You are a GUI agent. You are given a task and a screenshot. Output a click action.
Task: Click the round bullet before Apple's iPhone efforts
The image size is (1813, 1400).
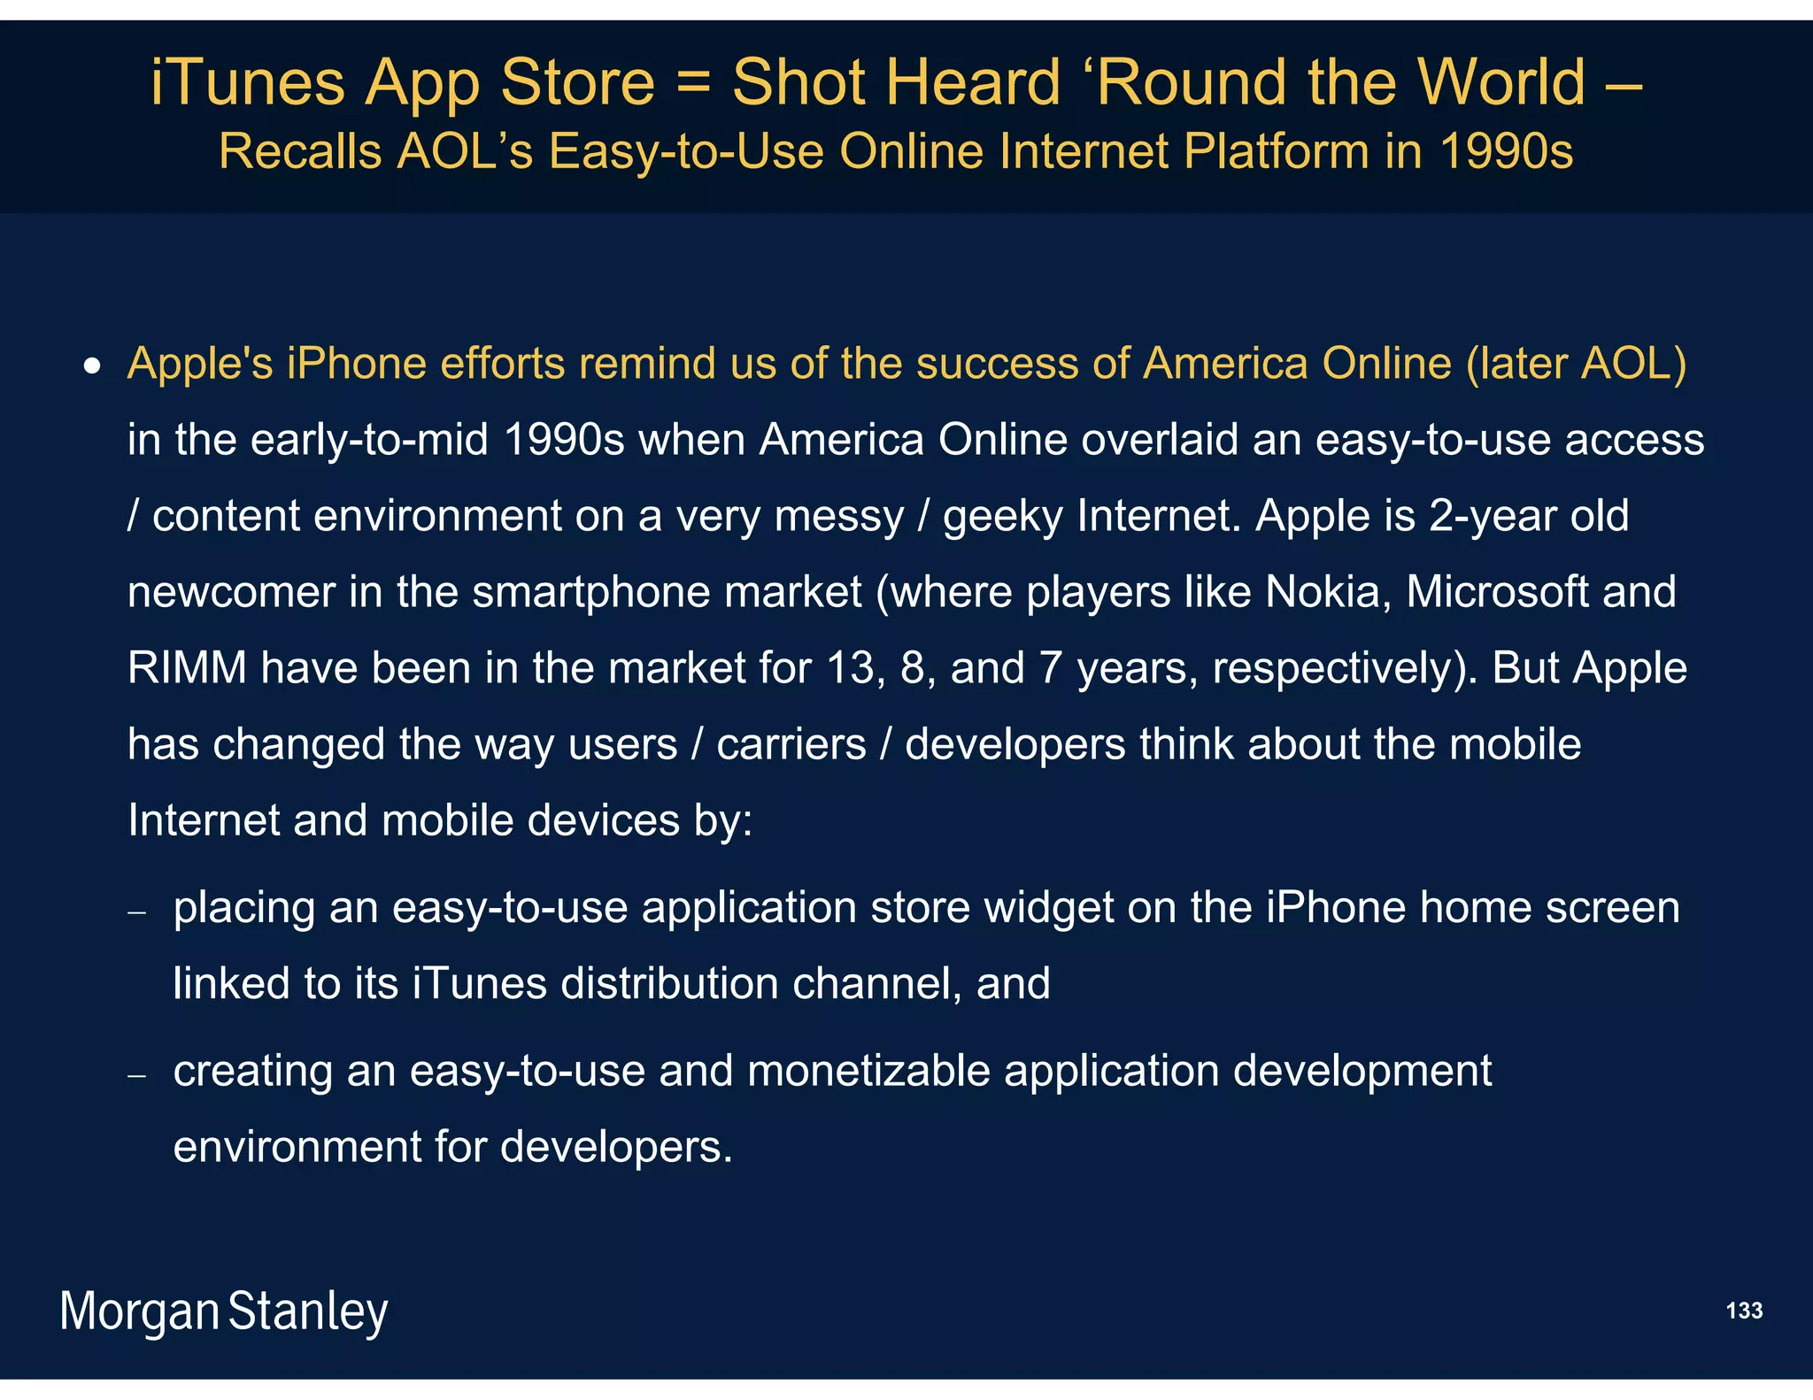92,366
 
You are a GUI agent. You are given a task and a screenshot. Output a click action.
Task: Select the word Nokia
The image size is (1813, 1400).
1322,592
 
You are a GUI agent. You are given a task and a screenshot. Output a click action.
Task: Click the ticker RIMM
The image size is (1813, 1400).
187,668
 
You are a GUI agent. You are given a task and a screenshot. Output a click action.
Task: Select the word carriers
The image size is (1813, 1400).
791,744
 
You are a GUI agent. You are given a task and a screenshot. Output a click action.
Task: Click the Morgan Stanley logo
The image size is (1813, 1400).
224,1312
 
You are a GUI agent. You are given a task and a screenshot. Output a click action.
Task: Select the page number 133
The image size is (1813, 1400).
1744,1311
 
